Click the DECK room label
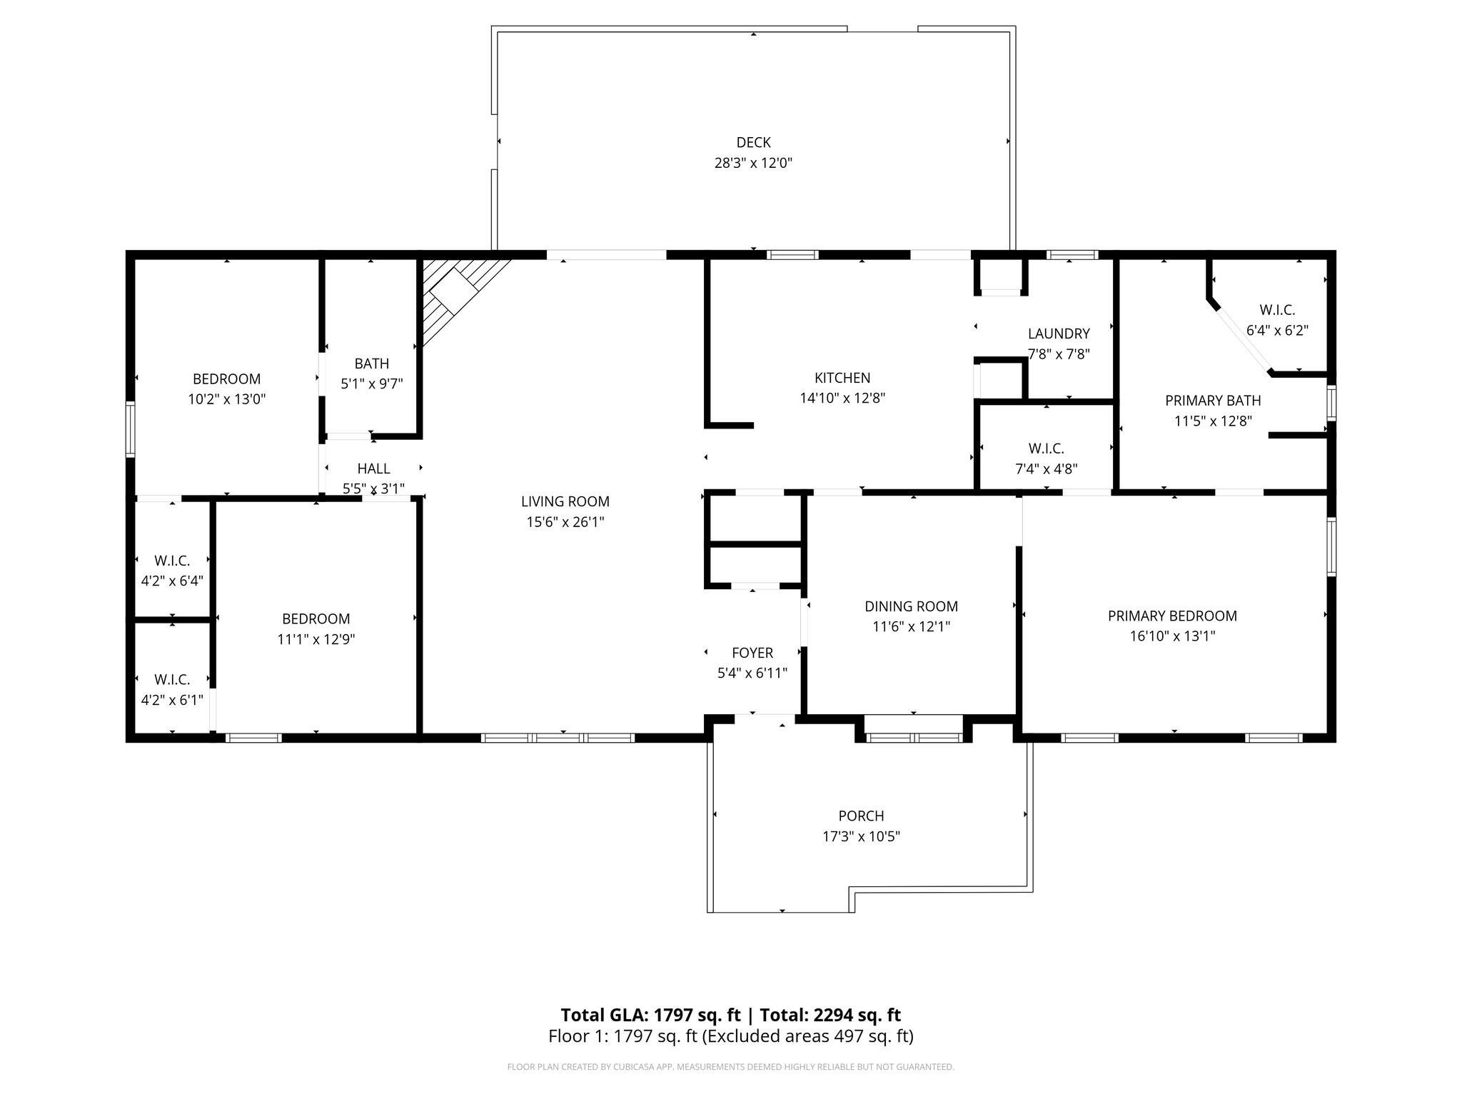click(x=753, y=143)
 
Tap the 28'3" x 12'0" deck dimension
click(x=753, y=163)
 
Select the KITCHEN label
click(x=842, y=378)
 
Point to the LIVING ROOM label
click(x=565, y=501)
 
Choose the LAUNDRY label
click(x=1059, y=334)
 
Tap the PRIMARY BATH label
click(x=1213, y=401)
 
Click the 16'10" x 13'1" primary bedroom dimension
click(x=1172, y=636)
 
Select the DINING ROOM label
click(x=911, y=606)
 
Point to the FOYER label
click(x=752, y=653)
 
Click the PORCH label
click(x=861, y=816)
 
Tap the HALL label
click(x=373, y=469)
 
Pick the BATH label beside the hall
click(x=372, y=364)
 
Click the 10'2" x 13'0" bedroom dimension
click(x=227, y=399)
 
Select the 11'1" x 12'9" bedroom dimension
click(x=316, y=639)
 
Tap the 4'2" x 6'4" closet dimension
click(x=172, y=581)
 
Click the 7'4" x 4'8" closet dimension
click(x=1047, y=469)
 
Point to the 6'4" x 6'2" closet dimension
click(x=1277, y=331)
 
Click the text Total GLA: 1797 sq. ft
click(x=650, y=1015)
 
